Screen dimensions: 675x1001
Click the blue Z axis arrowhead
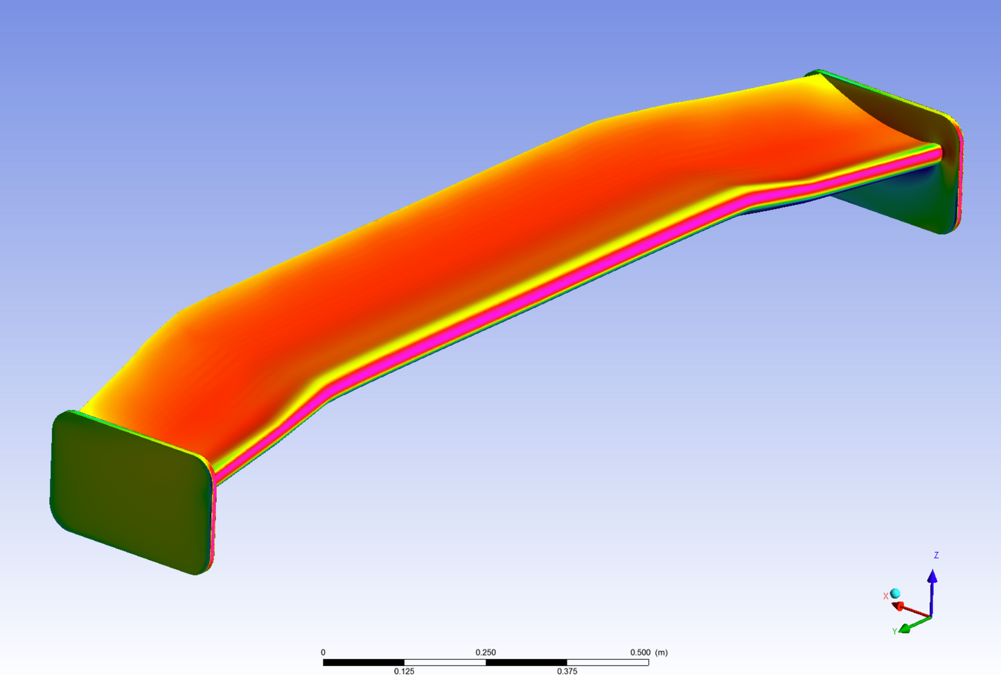(932, 577)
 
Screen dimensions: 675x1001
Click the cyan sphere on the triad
(895, 593)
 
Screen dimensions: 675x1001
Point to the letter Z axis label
(936, 555)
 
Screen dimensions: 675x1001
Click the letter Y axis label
(894, 631)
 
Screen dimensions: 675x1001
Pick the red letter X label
(885, 596)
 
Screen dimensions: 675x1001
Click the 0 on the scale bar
(323, 652)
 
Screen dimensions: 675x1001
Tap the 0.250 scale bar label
(485, 652)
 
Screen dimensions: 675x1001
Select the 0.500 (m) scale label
(648, 652)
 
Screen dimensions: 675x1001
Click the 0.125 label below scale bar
(404, 671)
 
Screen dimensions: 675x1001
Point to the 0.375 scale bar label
(567, 671)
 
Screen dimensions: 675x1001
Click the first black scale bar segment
(364, 663)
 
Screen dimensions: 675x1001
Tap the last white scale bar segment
(608, 663)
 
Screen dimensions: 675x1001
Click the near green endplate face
(128, 492)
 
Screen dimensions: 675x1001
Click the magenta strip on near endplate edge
(213, 519)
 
